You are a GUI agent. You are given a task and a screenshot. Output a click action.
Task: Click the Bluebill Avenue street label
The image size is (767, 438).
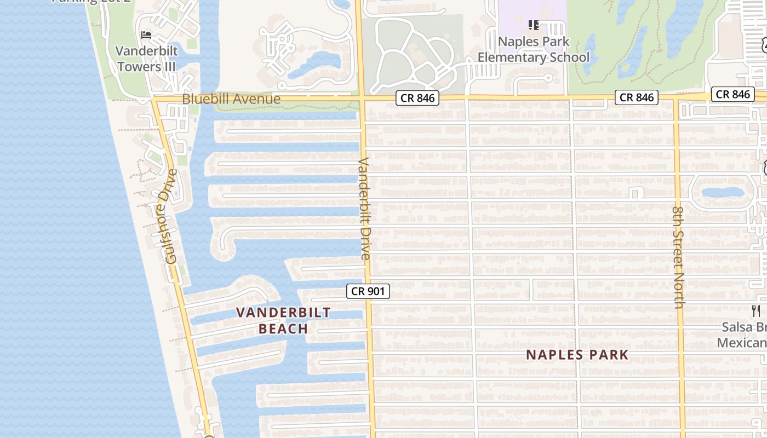click(231, 99)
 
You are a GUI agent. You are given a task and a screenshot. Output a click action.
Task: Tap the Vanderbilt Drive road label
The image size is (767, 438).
click(364, 209)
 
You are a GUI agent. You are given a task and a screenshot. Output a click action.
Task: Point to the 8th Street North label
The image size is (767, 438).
click(678, 257)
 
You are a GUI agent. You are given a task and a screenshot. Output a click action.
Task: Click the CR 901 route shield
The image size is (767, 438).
click(368, 291)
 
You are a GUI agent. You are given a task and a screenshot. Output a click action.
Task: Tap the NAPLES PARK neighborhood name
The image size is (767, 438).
click(577, 355)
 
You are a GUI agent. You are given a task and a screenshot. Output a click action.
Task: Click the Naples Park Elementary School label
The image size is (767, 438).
click(534, 49)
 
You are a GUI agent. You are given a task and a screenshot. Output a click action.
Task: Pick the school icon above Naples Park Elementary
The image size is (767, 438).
click(534, 25)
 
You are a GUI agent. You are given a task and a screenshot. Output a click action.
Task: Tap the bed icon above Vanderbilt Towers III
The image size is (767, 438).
click(146, 35)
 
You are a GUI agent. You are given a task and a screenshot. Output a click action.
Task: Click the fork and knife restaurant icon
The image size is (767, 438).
click(756, 311)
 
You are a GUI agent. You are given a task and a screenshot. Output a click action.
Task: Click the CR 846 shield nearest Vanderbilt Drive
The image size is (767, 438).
click(417, 98)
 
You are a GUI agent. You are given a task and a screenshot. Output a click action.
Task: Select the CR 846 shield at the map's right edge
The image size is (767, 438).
click(732, 94)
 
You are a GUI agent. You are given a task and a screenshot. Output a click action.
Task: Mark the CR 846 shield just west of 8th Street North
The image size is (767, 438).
click(636, 97)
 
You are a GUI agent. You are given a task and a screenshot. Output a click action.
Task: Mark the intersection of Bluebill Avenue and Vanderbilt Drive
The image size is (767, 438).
click(361, 99)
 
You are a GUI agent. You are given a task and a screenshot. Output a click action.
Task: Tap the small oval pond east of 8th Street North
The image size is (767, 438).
click(722, 192)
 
